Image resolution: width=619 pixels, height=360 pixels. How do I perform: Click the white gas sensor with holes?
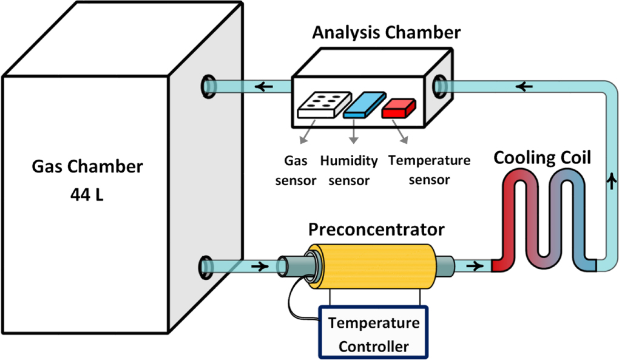click(x=320, y=105)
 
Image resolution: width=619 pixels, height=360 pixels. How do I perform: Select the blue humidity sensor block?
click(x=364, y=105)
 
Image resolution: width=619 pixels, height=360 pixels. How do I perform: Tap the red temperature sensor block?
click(x=398, y=107)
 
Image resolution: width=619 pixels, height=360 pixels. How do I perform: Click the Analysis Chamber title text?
click(x=386, y=32)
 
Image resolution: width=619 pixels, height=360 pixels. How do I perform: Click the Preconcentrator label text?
click(x=376, y=230)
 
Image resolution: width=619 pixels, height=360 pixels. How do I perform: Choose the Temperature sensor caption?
click(x=429, y=170)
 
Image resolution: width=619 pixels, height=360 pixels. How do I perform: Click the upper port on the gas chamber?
click(x=208, y=86)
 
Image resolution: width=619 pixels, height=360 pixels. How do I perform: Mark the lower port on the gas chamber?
click(x=208, y=267)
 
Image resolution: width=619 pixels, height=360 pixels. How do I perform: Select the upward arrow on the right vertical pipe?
click(x=609, y=180)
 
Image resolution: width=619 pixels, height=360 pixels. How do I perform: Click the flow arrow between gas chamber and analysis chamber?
click(x=264, y=86)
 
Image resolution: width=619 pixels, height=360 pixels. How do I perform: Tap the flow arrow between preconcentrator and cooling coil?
click(x=476, y=266)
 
